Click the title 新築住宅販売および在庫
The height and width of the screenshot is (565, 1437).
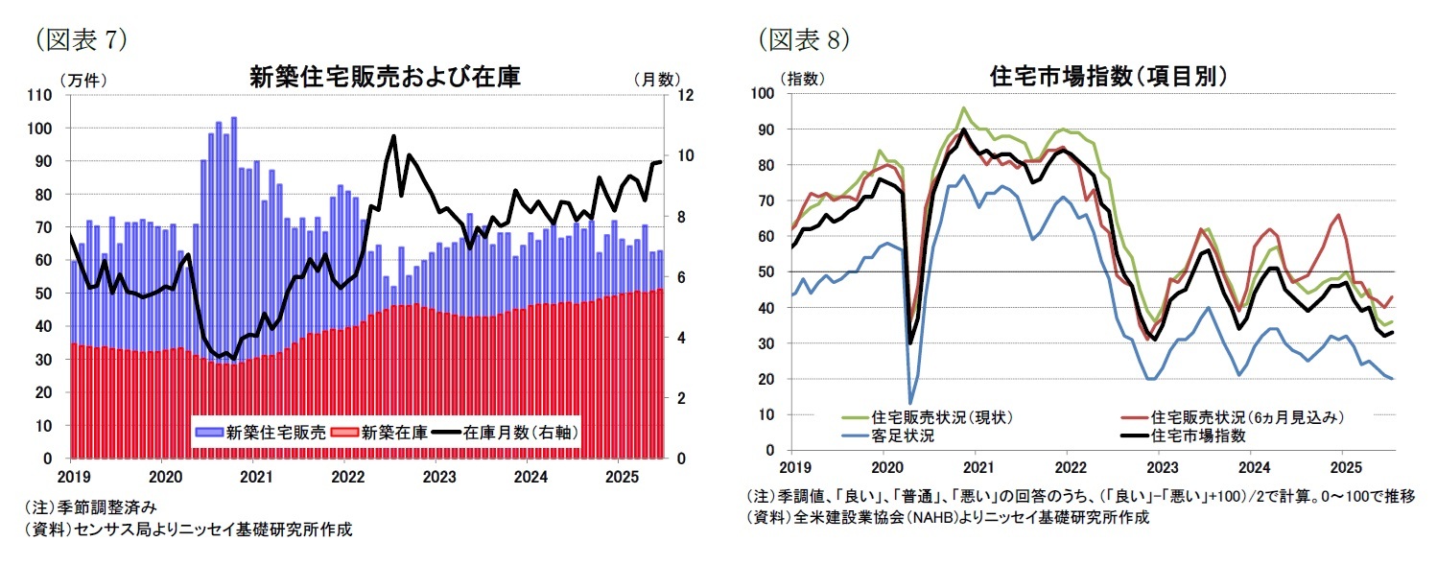[385, 78]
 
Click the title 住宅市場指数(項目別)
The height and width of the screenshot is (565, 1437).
[1109, 77]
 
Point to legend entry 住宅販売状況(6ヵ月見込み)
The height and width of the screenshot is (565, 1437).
[1247, 417]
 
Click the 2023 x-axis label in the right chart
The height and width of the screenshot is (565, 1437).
[1162, 468]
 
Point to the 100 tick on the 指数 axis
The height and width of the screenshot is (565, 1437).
[764, 93]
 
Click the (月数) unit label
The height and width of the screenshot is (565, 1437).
[655, 81]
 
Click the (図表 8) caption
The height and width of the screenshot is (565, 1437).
[804, 39]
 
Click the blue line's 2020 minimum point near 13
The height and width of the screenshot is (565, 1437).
[910, 403]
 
